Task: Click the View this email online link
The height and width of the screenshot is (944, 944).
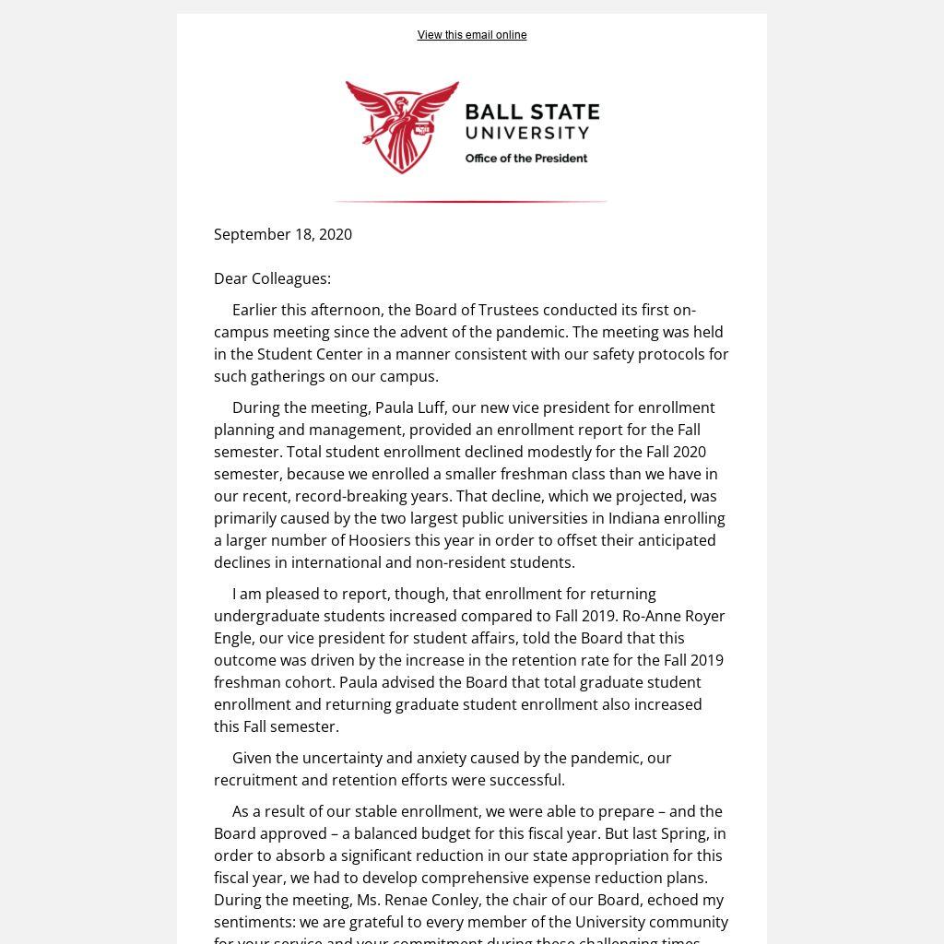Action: click(472, 35)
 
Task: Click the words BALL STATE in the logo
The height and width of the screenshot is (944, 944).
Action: click(532, 112)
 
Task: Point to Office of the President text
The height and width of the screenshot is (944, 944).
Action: click(525, 159)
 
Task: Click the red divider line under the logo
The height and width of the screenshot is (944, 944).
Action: click(470, 201)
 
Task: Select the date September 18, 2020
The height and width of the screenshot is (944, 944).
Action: click(283, 234)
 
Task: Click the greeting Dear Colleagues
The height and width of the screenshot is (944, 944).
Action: click(272, 278)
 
